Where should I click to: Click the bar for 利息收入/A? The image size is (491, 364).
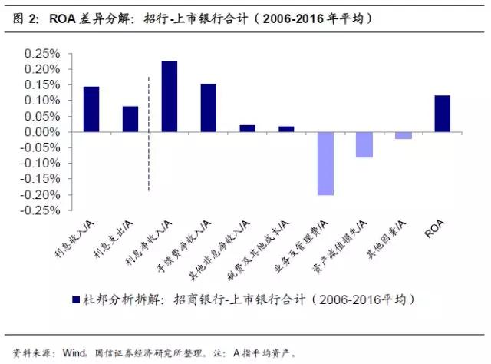(x=91, y=109)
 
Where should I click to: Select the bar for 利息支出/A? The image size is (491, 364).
(x=130, y=119)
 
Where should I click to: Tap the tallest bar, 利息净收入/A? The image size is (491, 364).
(x=170, y=96)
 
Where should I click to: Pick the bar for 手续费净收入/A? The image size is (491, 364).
(x=209, y=108)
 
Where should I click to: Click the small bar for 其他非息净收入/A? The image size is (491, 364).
(x=248, y=128)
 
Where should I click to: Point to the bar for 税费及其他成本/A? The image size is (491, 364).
(x=286, y=129)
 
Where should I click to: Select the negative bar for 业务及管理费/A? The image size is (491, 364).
(x=325, y=164)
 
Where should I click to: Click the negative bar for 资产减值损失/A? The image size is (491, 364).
(x=364, y=144)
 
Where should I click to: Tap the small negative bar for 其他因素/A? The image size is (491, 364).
(x=404, y=135)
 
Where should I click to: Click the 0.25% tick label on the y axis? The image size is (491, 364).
(x=45, y=53)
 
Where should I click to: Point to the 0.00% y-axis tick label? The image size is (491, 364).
(x=45, y=132)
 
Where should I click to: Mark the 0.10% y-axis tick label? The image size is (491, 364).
(x=45, y=101)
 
